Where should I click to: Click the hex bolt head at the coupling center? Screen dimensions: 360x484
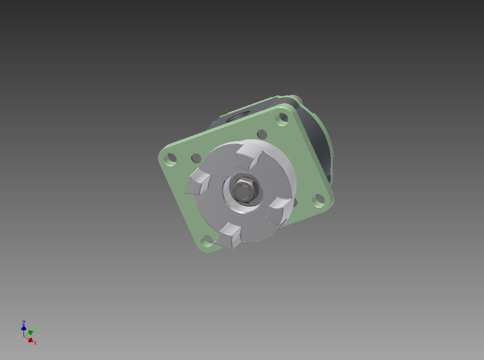[x=244, y=188]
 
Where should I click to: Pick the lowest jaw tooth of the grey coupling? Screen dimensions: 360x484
[x=231, y=235]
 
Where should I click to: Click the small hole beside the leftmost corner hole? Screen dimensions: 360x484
[x=195, y=158]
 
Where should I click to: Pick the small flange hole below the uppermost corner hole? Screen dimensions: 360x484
[x=262, y=134]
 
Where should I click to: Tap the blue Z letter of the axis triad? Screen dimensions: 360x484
[x=24, y=323]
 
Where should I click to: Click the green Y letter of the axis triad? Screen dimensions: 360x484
[x=34, y=330]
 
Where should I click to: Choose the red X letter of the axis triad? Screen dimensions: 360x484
[x=35, y=343]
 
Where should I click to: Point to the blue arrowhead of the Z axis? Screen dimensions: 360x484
[x=24, y=328]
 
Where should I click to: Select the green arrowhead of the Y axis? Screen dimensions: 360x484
[x=30, y=332]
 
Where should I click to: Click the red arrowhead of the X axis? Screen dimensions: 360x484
[x=30, y=340]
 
